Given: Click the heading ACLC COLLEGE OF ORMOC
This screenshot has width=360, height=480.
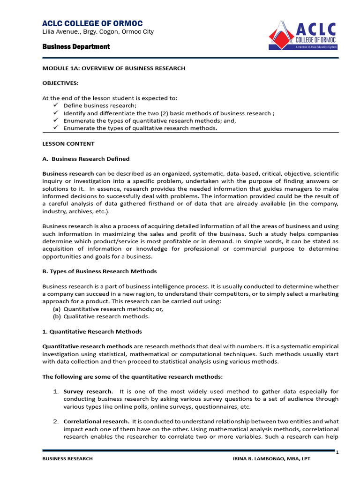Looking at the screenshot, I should [x=92, y=23].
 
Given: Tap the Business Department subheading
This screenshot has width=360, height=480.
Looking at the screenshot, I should [x=76, y=46].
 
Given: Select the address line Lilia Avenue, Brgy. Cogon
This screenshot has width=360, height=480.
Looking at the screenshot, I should [x=98, y=32].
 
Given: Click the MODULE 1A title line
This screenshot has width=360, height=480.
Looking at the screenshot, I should [x=113, y=68].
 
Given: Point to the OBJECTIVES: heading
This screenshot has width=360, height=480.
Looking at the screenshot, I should [x=60, y=83].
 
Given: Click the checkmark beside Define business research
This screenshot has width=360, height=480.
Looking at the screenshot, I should [x=55, y=105].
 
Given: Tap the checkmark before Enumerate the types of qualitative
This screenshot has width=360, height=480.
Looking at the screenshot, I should [x=55, y=128].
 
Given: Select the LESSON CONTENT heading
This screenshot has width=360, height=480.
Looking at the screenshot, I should [x=68, y=144].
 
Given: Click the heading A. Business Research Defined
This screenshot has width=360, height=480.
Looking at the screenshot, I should [x=86, y=159].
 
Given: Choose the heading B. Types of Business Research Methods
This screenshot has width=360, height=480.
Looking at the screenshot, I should [x=99, y=271].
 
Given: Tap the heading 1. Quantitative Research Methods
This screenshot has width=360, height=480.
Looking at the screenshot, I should [x=92, y=331].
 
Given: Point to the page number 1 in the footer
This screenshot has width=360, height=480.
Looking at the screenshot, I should [x=337, y=452].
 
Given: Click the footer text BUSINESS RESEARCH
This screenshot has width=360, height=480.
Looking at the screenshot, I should [x=67, y=459].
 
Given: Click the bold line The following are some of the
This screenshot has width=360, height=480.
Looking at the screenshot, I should [x=133, y=376].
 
